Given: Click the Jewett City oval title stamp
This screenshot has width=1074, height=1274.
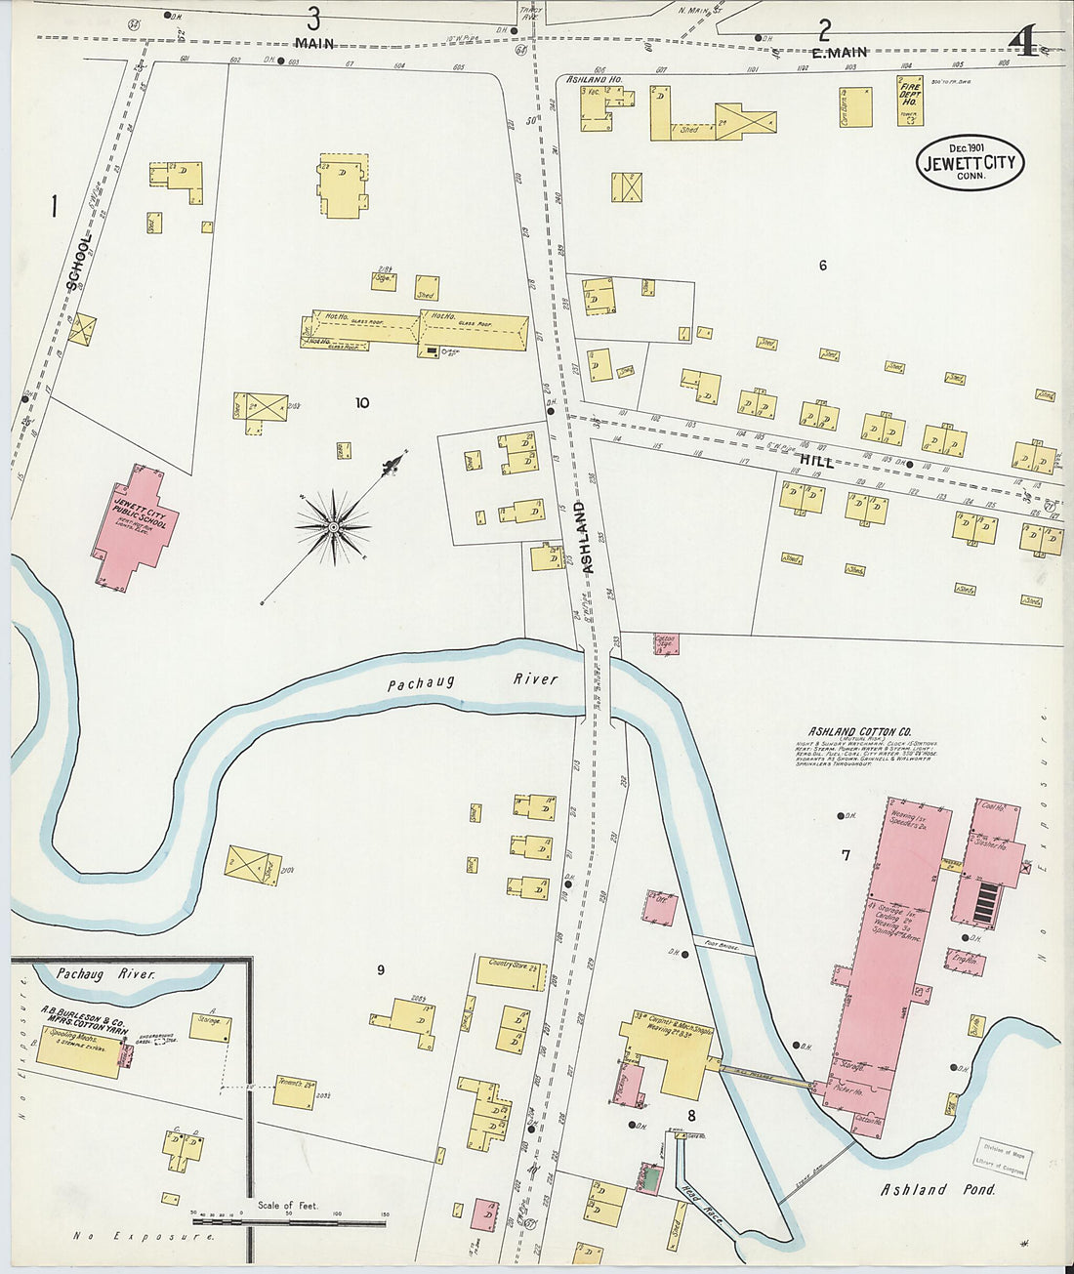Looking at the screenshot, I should pos(970,162).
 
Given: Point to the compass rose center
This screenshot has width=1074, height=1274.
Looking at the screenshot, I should pos(334,527).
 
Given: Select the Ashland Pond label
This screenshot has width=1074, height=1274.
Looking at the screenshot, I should pos(938,1189).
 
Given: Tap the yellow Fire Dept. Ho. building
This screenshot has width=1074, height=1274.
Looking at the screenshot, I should pos(910,103).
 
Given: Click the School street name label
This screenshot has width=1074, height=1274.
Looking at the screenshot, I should pos(79,262).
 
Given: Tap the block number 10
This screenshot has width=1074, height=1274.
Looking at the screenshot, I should pos(362,402).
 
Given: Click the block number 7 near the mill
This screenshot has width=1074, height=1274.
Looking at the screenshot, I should pos(846,855).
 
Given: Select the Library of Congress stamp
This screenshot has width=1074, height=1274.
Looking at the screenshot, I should pos(1003,1160).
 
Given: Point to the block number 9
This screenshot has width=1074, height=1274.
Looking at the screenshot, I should pos(381,969).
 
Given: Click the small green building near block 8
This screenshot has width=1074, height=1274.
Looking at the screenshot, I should pos(648,1179).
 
